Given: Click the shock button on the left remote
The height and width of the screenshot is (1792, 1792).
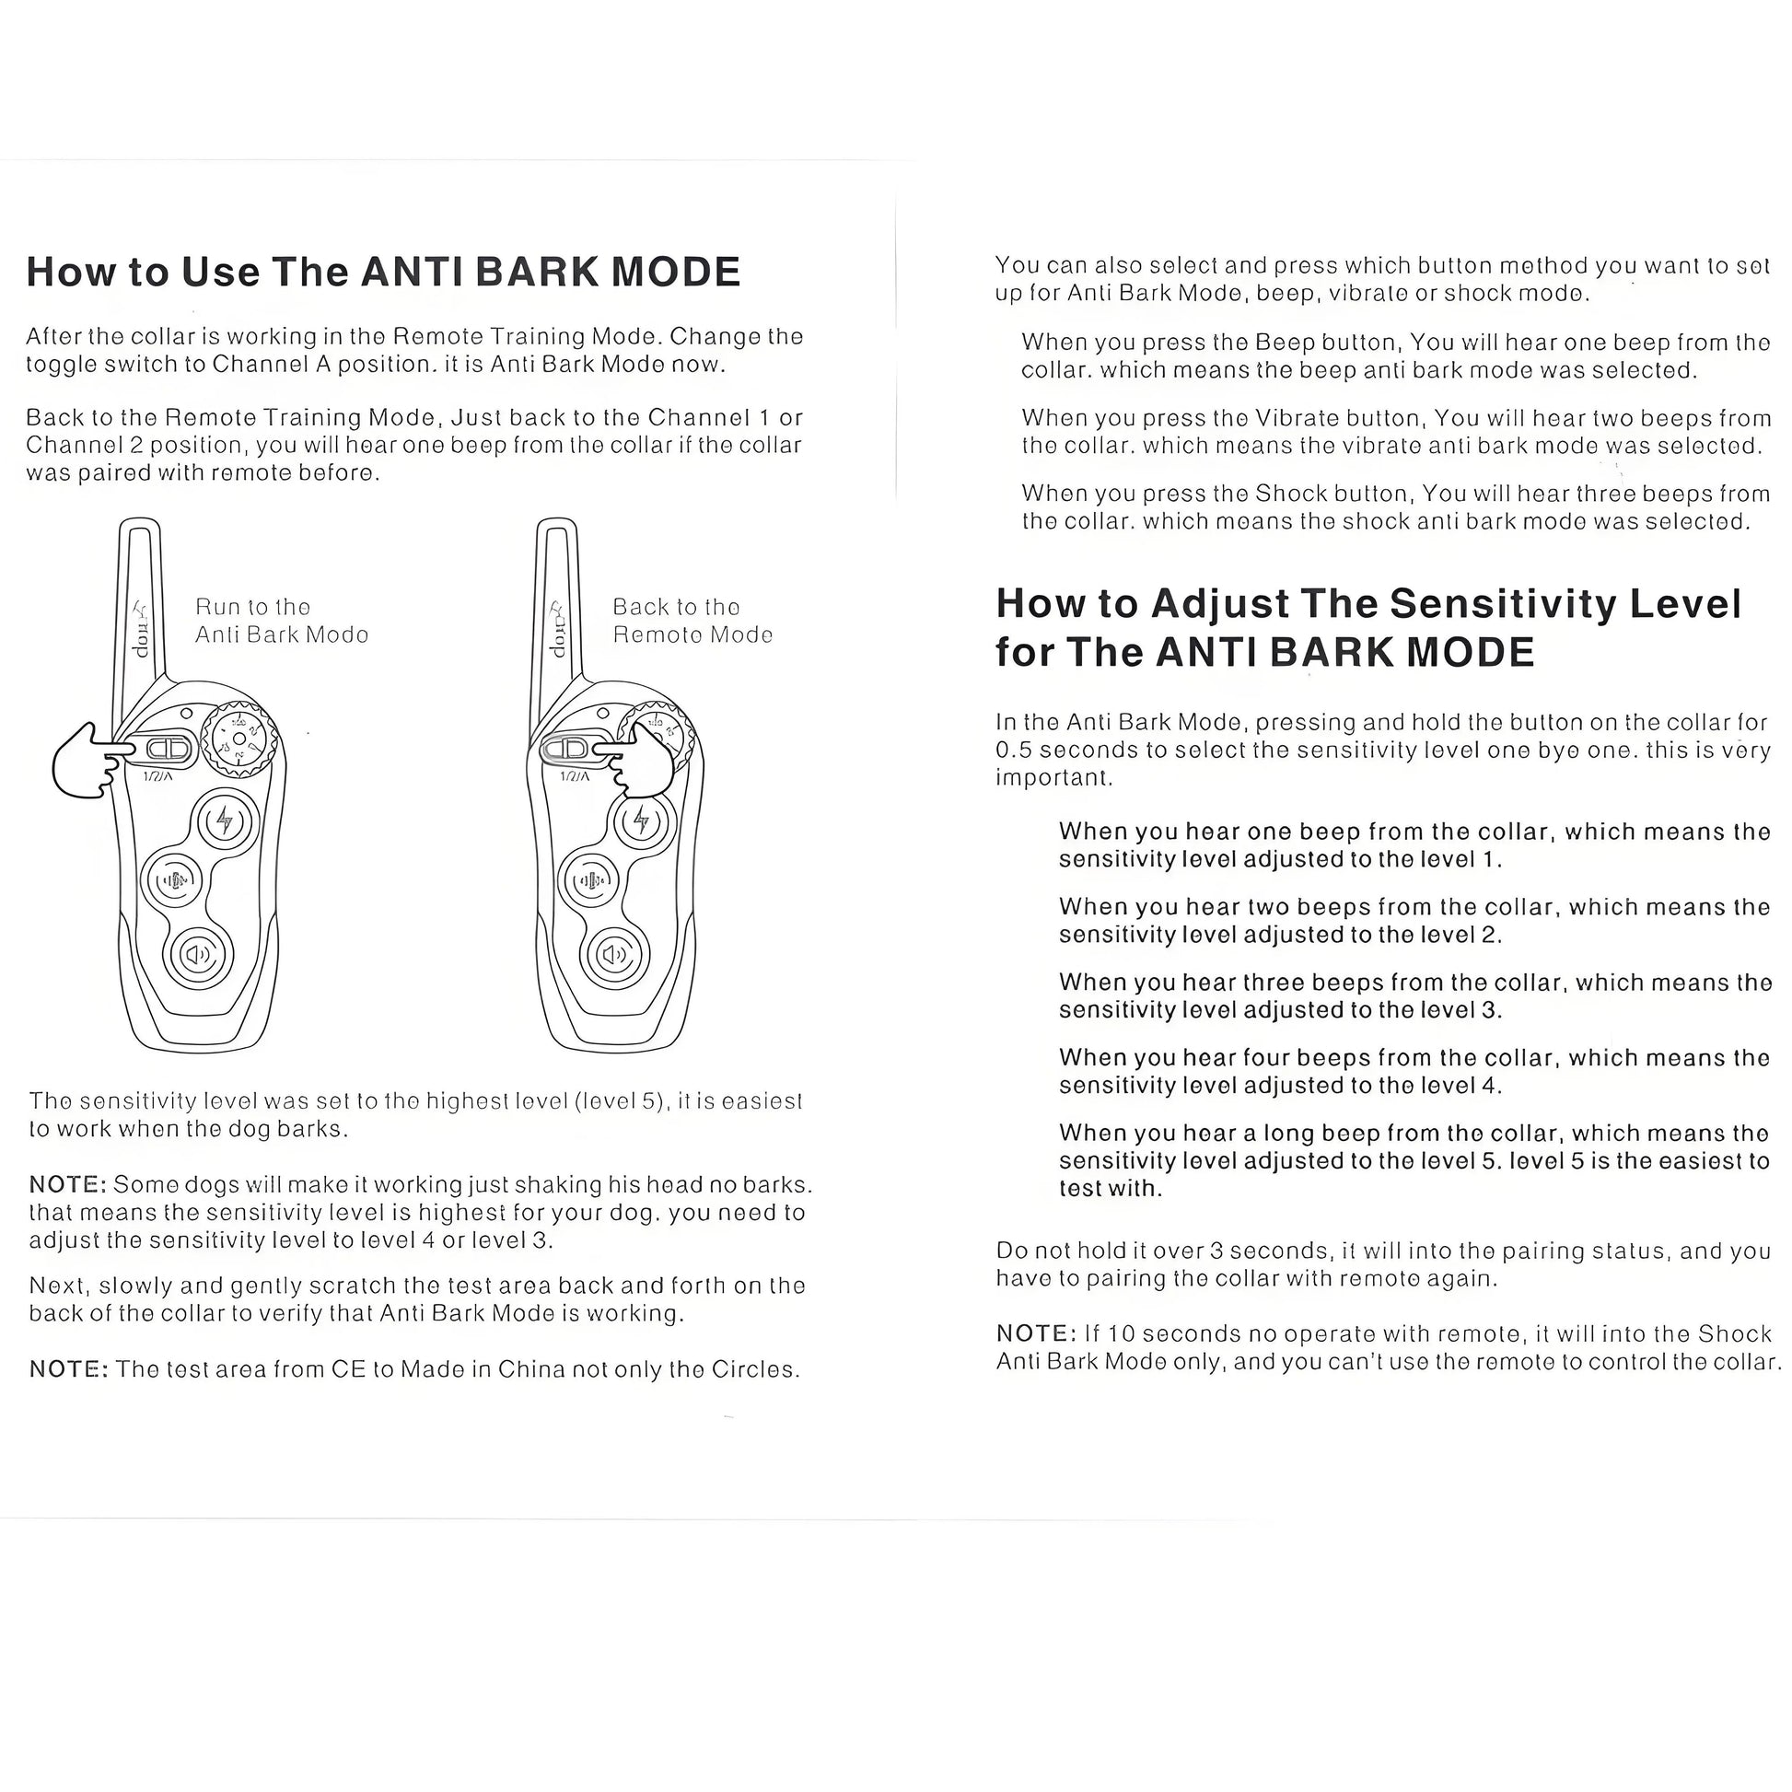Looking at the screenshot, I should [x=225, y=821].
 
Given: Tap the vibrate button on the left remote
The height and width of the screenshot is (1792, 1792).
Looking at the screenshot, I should [x=173, y=880].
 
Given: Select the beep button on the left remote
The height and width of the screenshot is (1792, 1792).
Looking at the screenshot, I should [x=199, y=953].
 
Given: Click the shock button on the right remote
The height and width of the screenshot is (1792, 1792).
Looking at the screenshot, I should [x=642, y=821].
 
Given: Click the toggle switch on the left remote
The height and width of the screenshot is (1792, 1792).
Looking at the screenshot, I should [x=168, y=749].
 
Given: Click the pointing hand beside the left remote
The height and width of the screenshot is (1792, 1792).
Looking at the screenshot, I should [x=82, y=761].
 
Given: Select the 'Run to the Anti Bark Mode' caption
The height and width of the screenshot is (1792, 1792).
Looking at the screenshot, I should [x=281, y=621].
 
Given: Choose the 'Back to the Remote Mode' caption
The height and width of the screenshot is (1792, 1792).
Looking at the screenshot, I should [x=692, y=621].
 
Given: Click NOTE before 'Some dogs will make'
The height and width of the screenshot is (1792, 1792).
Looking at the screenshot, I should [x=67, y=1184].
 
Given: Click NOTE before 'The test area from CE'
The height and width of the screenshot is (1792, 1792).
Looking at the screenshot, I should [x=68, y=1369].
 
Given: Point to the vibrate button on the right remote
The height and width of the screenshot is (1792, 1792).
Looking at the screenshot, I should [x=591, y=880].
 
